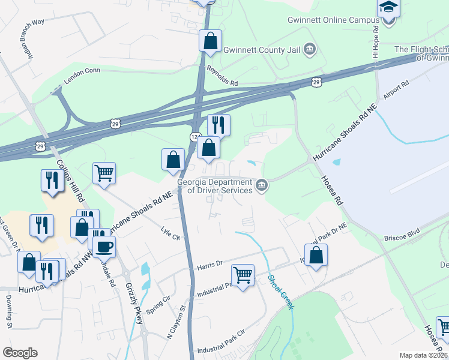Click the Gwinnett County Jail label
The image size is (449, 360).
261,50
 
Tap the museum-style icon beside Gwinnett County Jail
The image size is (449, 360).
310,49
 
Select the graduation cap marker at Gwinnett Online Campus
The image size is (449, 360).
388,8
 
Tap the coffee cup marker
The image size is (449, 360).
104,246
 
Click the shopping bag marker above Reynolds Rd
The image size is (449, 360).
211,41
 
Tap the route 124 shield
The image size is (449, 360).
195,137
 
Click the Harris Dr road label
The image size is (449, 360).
210,264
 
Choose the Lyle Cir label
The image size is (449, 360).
171,233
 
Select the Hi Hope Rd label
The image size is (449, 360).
376,36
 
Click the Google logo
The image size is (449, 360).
20,353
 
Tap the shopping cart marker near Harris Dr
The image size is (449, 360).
243,275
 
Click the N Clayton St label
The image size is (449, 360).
178,324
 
